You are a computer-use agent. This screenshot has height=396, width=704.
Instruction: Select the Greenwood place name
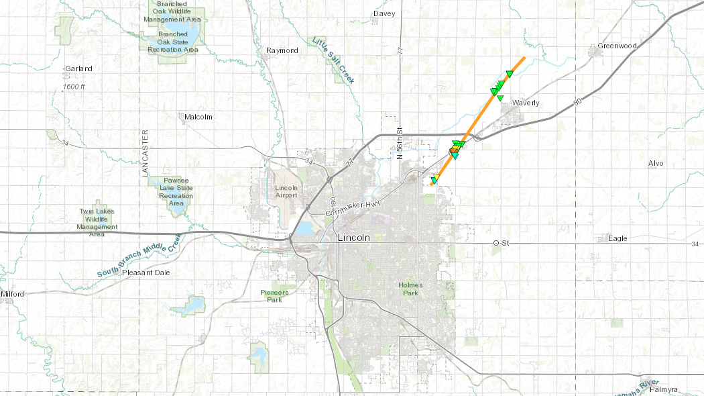click(x=616, y=46)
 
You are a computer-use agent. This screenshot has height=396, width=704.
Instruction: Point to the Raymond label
click(x=282, y=50)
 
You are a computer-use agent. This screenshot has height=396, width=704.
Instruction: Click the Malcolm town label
click(x=198, y=117)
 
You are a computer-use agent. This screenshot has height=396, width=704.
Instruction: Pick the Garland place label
click(x=78, y=68)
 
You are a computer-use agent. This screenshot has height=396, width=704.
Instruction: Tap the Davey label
click(x=384, y=13)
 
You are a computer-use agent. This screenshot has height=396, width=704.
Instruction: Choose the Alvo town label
click(x=655, y=163)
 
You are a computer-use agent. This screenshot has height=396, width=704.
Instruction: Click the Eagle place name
click(x=617, y=238)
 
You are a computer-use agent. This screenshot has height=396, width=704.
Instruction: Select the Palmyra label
click(x=664, y=389)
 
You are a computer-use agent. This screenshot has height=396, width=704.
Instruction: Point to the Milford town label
click(x=12, y=294)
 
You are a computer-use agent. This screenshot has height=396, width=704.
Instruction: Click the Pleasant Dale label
click(x=145, y=273)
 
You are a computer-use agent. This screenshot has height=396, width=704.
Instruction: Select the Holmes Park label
click(x=410, y=289)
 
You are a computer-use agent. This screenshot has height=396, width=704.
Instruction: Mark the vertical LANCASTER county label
click(x=144, y=153)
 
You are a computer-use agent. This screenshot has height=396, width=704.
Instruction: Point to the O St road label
click(x=502, y=242)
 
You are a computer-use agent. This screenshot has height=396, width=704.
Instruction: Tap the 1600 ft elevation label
click(x=74, y=87)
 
